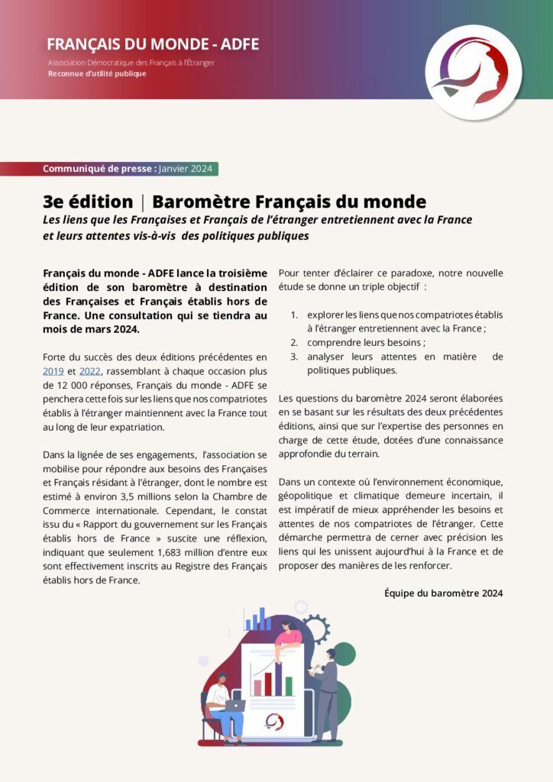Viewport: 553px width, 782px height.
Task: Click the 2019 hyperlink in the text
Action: pyautogui.click(x=53, y=370)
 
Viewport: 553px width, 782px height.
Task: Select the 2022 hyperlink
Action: pyautogui.click(x=89, y=370)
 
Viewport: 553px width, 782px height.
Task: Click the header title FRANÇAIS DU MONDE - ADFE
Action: pyautogui.click(x=153, y=44)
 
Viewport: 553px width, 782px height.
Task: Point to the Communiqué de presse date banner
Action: pyautogui.click(x=130, y=169)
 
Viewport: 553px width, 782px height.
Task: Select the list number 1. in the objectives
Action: pyautogui.click(x=294, y=315)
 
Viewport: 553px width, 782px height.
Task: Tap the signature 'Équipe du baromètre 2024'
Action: pyautogui.click(x=443, y=593)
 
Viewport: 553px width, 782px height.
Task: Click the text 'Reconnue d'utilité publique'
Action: pyautogui.click(x=97, y=74)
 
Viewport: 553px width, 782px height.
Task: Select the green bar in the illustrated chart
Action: pyautogui.click(x=289, y=686)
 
